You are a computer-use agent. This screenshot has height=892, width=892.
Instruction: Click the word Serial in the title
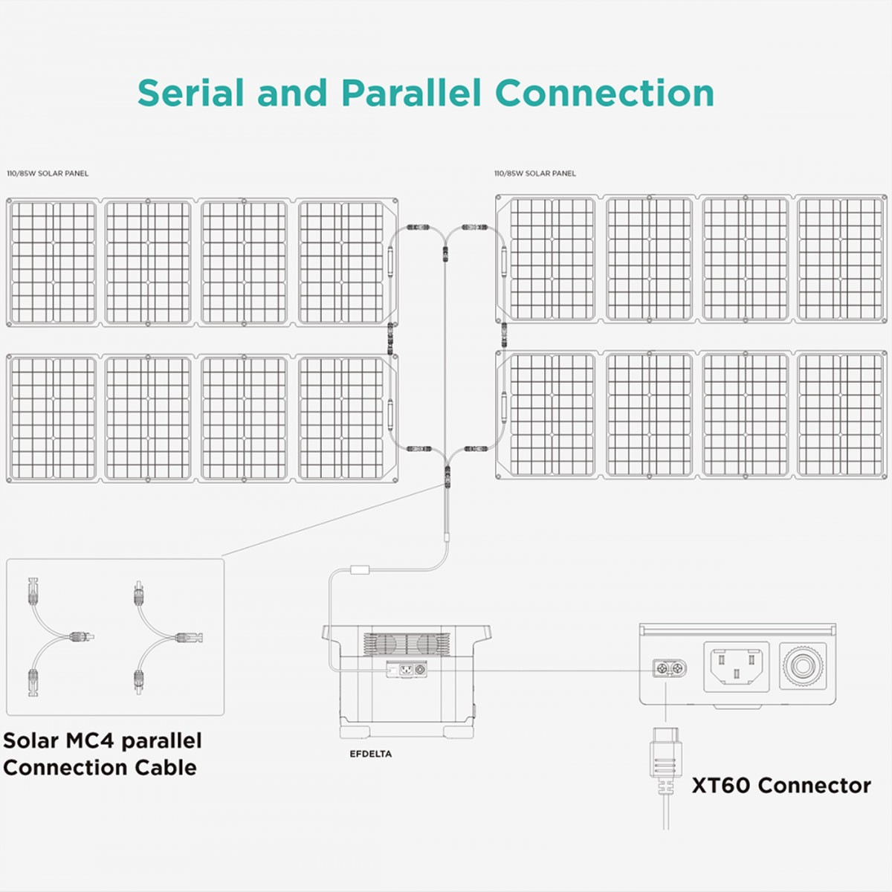191,93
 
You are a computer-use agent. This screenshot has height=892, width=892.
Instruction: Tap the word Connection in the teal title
604,93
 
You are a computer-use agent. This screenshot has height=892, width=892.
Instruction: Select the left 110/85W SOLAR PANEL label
48,173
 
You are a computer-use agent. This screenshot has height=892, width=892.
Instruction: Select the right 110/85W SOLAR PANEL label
535,173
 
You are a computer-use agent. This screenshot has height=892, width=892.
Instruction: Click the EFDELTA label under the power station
370,754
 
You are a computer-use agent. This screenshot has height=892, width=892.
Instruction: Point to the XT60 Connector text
781,786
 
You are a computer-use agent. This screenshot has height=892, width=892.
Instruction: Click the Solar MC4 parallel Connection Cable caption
102,754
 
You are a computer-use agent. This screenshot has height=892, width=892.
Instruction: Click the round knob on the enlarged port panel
803,665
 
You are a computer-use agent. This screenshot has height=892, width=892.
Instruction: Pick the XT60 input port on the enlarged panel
669,669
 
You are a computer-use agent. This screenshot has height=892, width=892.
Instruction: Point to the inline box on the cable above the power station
361,571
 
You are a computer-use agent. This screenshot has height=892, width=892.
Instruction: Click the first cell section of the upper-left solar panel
54,262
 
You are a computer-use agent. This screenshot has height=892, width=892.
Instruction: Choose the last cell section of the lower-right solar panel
841,415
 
